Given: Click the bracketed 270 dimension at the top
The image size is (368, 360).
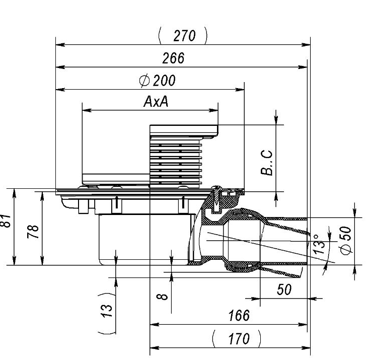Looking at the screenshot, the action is click(x=183, y=36).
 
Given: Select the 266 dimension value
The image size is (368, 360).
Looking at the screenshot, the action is click(x=174, y=58).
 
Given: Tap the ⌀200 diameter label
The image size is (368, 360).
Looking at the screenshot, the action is click(x=157, y=81).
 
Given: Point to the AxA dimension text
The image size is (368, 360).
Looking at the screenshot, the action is click(x=156, y=102).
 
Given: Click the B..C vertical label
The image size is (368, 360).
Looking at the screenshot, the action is click(x=267, y=163).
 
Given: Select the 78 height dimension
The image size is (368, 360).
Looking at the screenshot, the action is click(x=33, y=232).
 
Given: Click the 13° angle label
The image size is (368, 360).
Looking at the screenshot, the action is click(x=319, y=244).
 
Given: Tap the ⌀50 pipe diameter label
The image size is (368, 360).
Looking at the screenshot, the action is click(x=346, y=240).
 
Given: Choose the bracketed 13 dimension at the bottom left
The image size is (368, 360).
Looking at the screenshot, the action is click(x=107, y=314).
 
